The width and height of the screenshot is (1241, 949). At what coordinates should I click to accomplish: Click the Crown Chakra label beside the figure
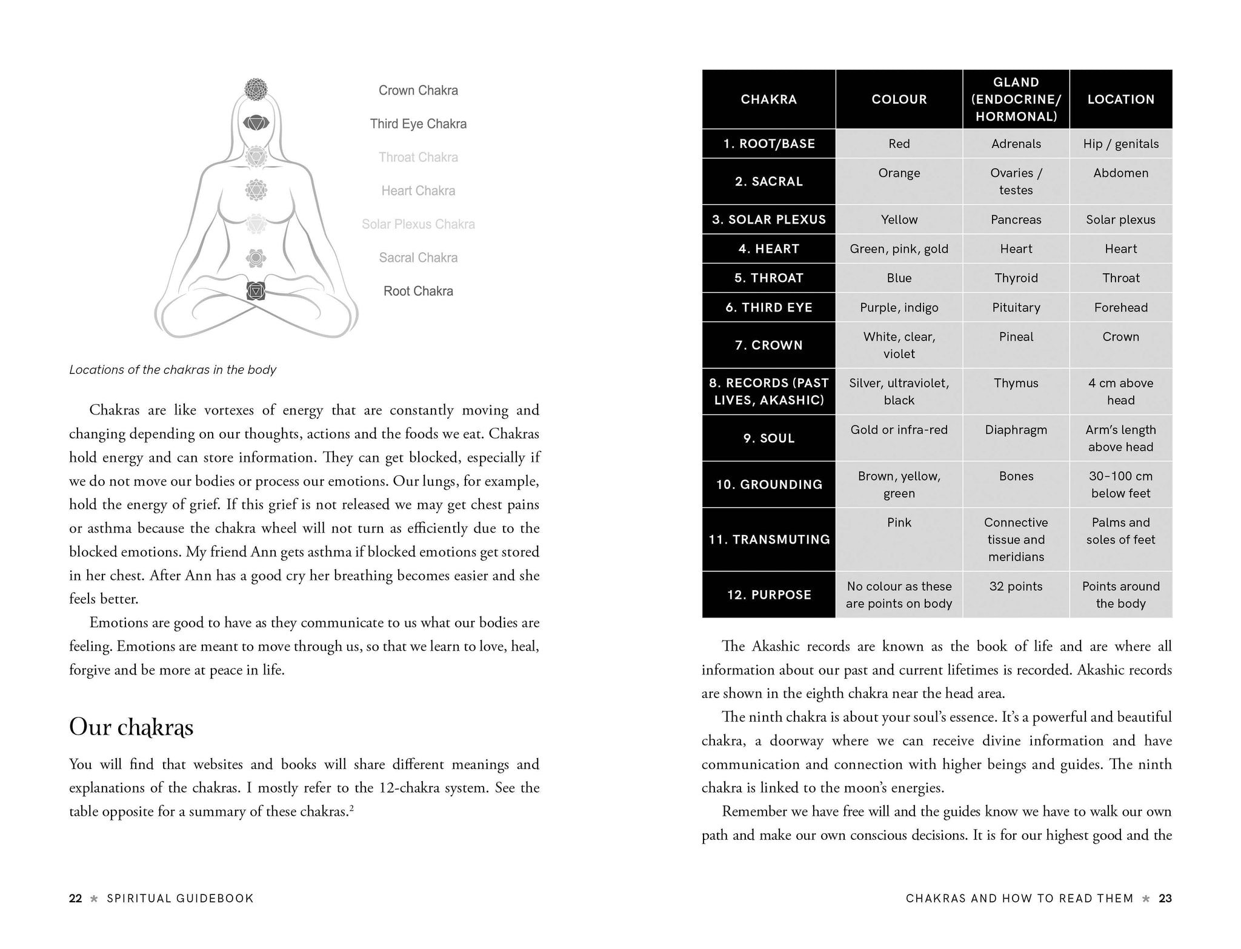click(418, 90)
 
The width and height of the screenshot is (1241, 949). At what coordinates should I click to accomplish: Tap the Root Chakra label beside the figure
click(418, 291)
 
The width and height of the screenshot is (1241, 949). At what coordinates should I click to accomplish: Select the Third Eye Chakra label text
click(418, 124)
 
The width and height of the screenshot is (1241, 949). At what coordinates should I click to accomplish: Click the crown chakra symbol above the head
click(256, 89)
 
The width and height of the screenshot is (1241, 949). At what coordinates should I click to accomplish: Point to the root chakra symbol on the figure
click(256, 291)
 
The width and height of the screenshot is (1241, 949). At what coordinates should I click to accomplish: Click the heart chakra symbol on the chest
click(256, 190)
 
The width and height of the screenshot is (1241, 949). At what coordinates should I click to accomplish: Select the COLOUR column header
click(899, 99)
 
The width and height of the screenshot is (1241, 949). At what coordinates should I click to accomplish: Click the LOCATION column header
click(1120, 99)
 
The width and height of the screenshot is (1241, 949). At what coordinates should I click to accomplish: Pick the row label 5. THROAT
click(768, 278)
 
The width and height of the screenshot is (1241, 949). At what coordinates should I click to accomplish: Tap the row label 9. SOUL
click(768, 438)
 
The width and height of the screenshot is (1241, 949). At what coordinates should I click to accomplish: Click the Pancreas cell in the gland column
click(1016, 219)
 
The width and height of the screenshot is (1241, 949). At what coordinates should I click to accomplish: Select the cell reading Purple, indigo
click(899, 307)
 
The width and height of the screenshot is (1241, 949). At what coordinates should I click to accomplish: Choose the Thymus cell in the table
click(1016, 383)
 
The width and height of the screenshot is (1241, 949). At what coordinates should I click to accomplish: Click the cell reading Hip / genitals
click(1120, 144)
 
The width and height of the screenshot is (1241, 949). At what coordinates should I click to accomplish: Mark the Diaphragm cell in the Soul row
click(1016, 430)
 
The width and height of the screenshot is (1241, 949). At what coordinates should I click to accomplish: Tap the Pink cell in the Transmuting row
click(899, 522)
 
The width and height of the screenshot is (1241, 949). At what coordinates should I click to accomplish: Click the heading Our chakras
click(131, 727)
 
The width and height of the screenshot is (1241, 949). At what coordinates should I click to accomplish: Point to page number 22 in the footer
click(75, 898)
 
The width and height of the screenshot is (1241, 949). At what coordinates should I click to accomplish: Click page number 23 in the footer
click(1165, 898)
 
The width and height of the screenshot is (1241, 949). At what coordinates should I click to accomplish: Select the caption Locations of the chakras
click(173, 370)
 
